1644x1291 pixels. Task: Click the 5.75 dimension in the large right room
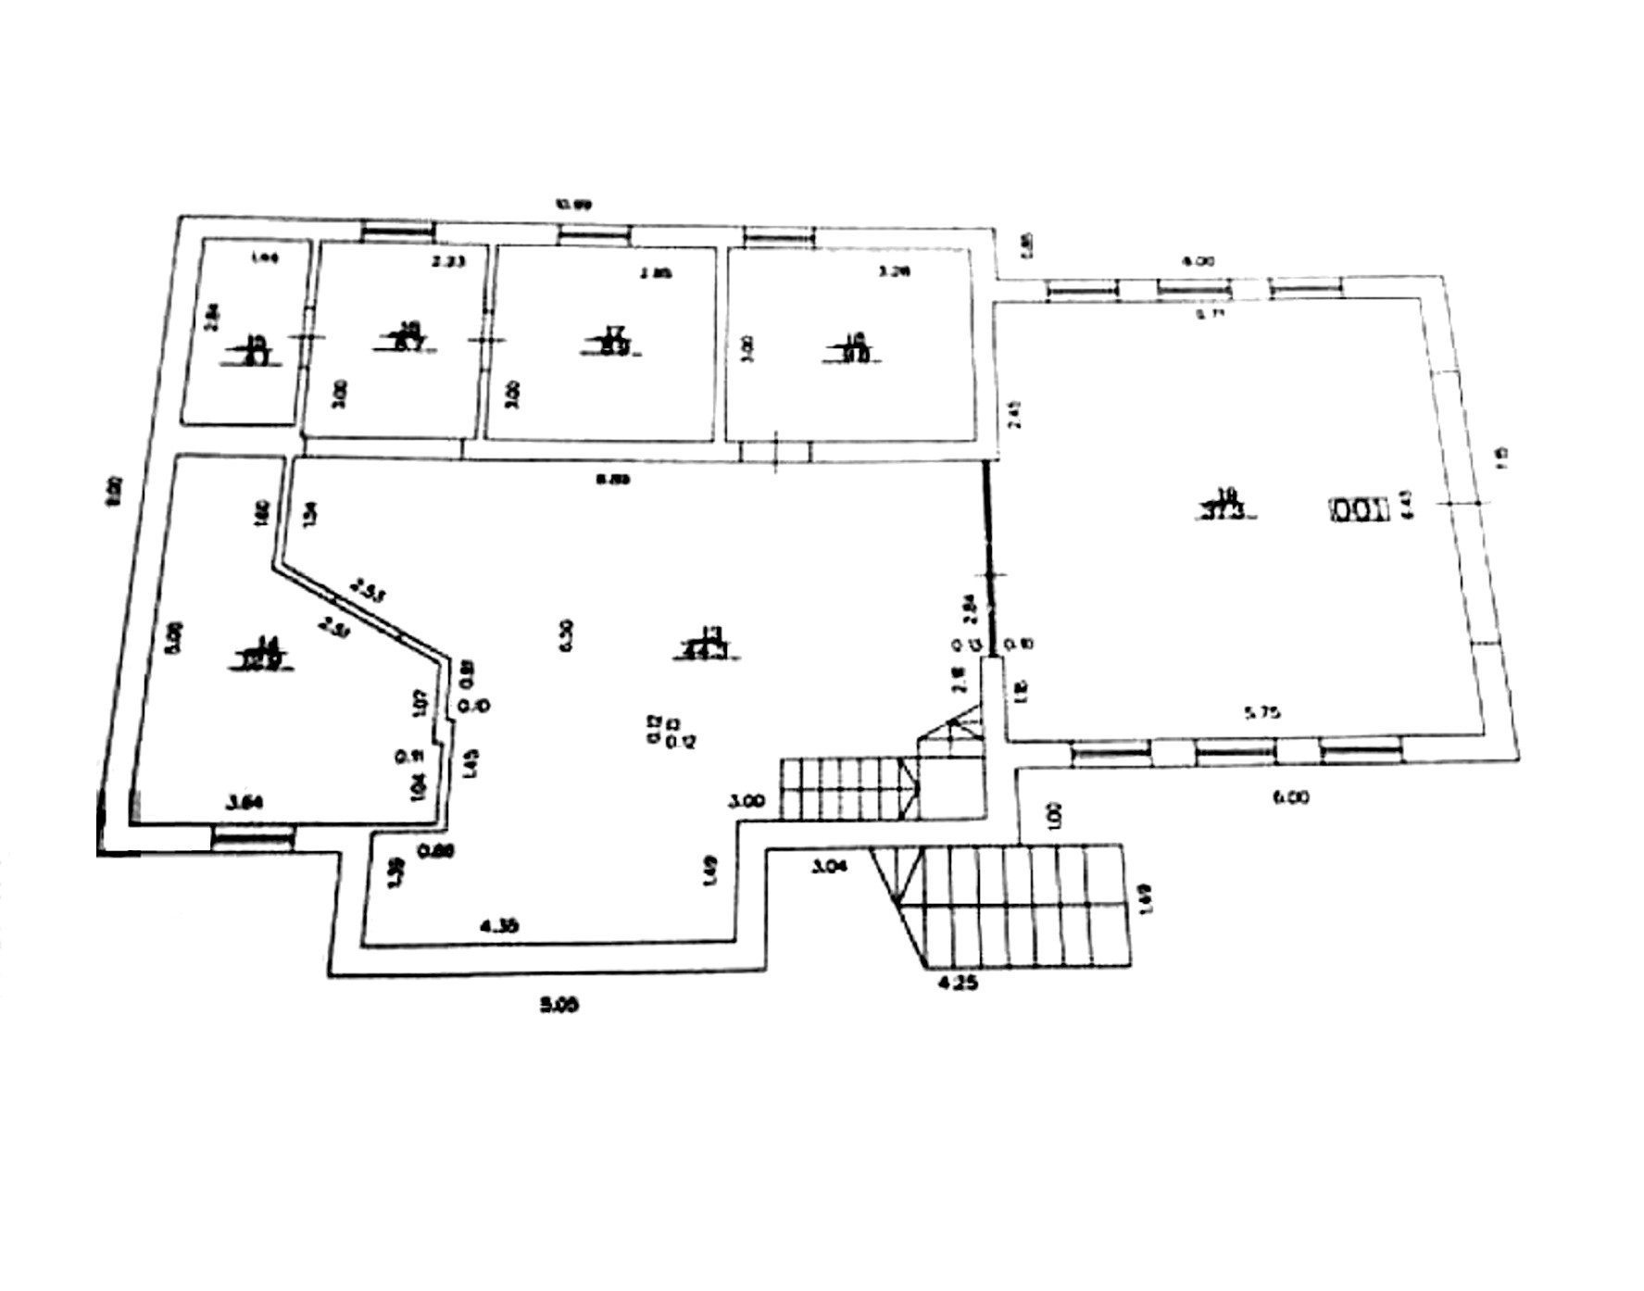[x=1263, y=713]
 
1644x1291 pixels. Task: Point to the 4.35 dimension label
[x=499, y=924]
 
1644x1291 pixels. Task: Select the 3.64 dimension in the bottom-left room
[x=245, y=803]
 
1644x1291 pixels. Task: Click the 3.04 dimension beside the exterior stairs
[x=832, y=867]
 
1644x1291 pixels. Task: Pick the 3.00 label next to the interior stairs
[x=747, y=801]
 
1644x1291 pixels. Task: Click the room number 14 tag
[x=266, y=653]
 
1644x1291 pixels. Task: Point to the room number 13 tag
[x=711, y=645]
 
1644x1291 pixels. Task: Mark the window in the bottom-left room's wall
[x=252, y=839]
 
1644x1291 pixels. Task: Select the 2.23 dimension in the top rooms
[x=447, y=262]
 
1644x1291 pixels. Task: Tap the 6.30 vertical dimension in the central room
[x=567, y=634]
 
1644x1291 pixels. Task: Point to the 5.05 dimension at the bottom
[x=559, y=1005]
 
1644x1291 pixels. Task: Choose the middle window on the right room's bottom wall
[x=1236, y=751]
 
